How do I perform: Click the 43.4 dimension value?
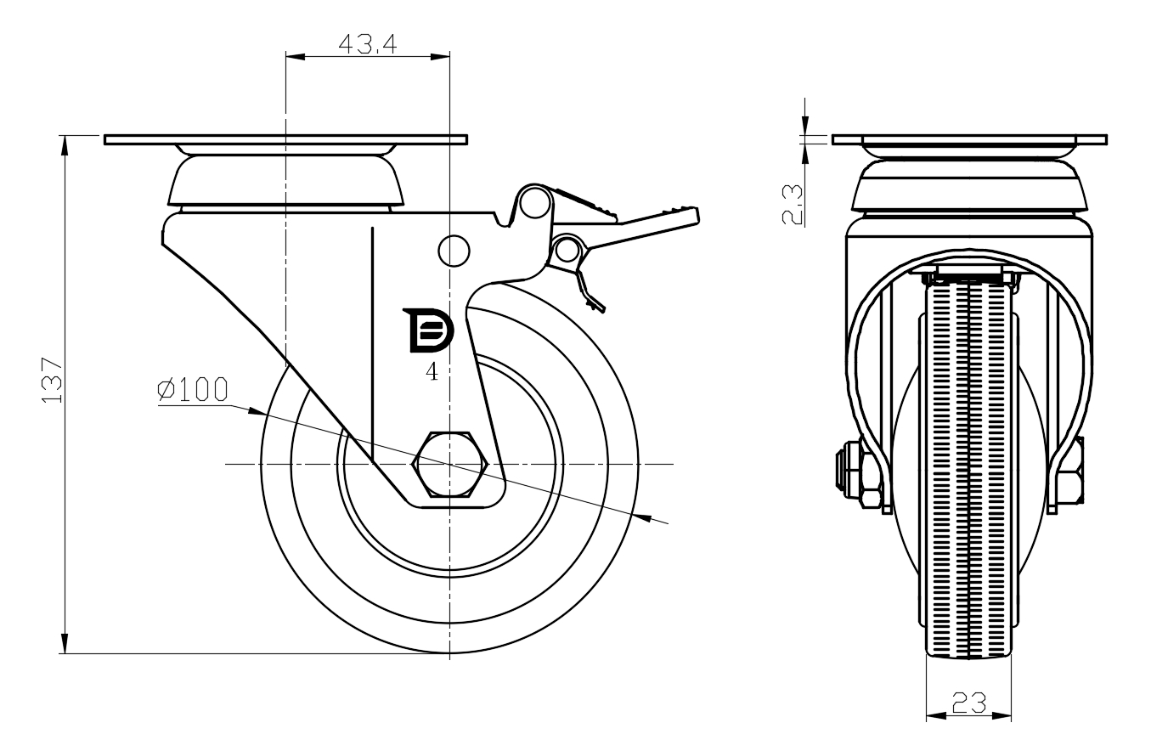pos(367,43)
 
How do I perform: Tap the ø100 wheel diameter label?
pos(193,389)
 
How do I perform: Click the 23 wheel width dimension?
pos(968,703)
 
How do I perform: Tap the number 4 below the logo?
pos(432,371)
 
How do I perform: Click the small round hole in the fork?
pos(454,250)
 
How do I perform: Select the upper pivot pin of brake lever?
pos(534,202)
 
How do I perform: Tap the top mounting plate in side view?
pos(285,139)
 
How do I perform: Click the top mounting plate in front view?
pos(969,139)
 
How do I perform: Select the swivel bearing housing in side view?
pos(285,182)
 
